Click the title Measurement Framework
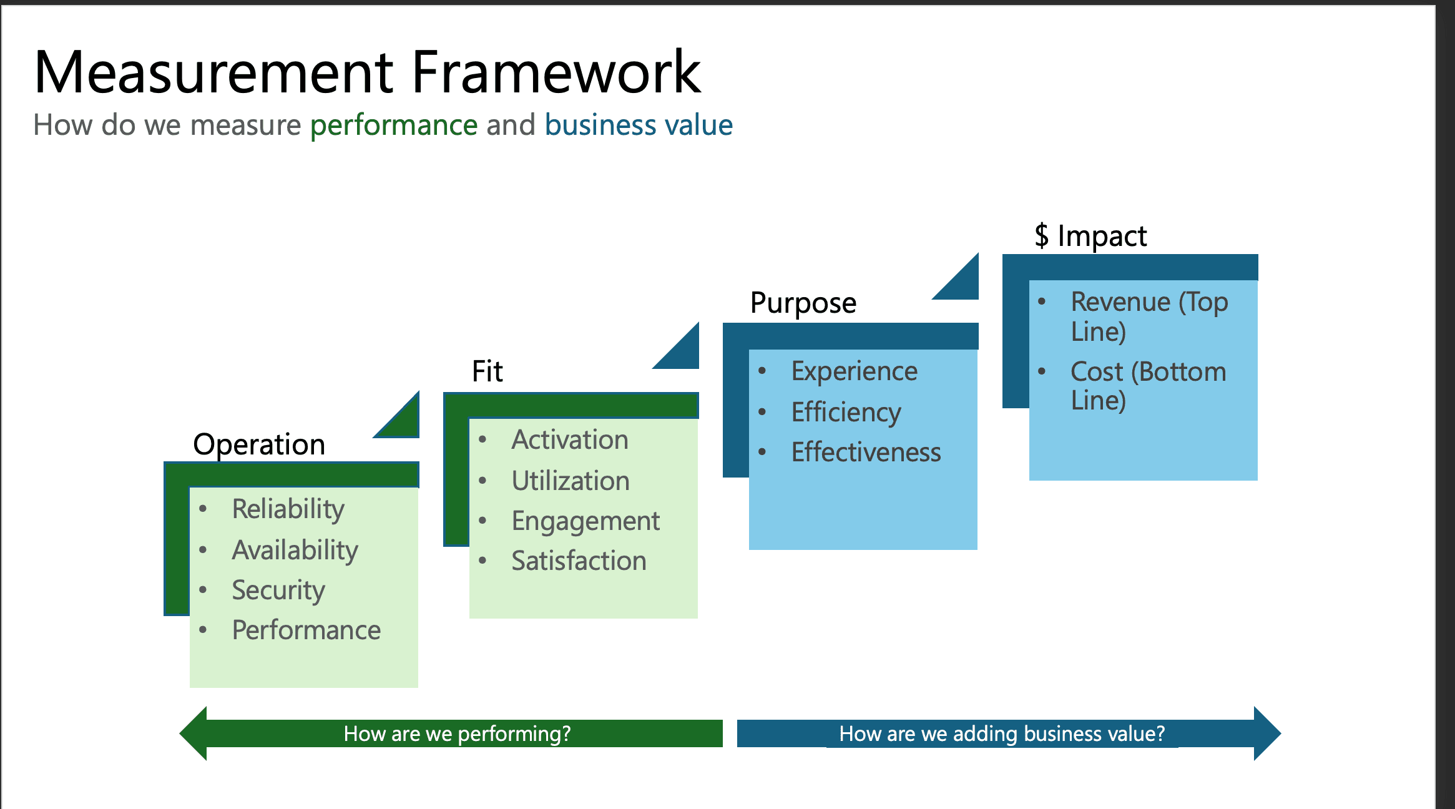point(367,72)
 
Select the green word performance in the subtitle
point(394,125)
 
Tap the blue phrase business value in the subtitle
point(639,125)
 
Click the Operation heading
point(259,444)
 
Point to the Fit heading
point(487,371)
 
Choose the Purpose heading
point(803,303)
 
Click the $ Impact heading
point(1090,236)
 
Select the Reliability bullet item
point(288,509)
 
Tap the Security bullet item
point(278,590)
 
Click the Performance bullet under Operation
point(306,630)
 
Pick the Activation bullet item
point(569,440)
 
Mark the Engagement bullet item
point(585,521)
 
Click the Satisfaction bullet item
point(579,561)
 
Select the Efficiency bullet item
point(846,412)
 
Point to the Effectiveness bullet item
point(866,452)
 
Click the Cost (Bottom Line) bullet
point(1147,385)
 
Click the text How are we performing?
point(457,733)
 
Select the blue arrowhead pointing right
point(1266,733)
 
